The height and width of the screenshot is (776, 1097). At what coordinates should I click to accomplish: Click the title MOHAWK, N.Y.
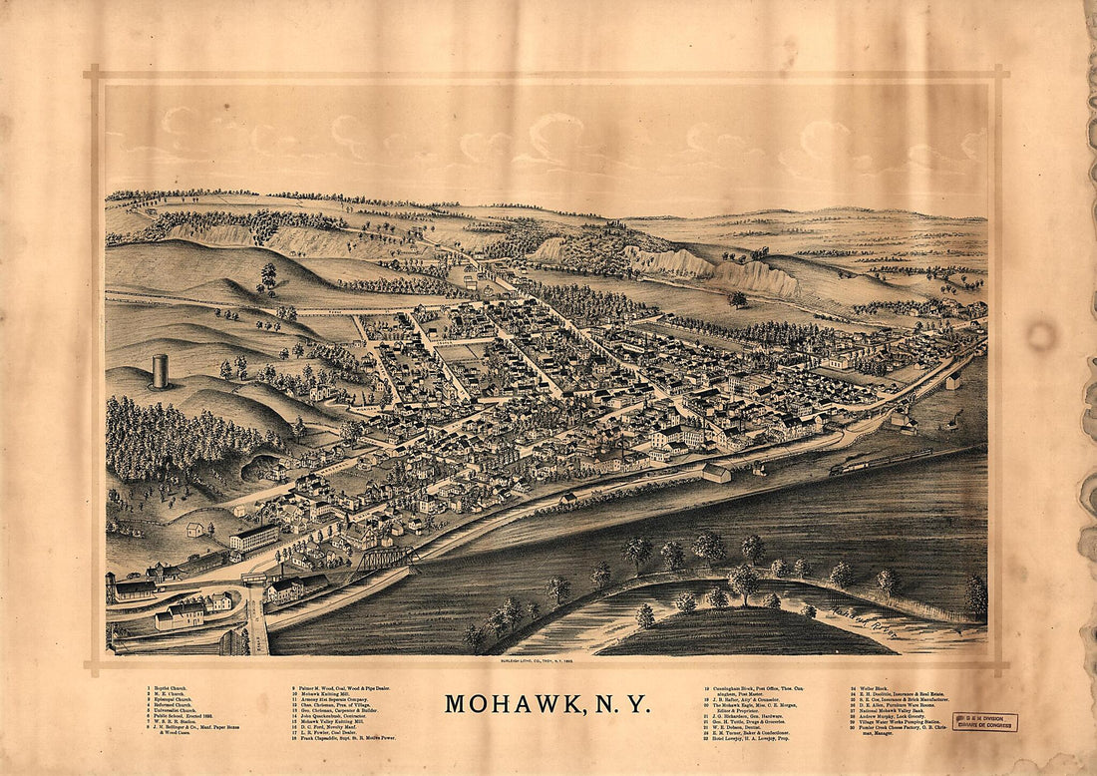point(548,703)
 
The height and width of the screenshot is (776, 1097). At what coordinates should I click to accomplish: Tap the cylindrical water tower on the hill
point(160,371)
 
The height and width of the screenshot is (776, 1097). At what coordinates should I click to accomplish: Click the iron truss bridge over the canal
point(386,559)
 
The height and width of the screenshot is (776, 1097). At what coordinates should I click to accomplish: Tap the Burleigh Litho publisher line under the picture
point(548,662)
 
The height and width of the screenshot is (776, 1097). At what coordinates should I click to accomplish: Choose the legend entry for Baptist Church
point(171,687)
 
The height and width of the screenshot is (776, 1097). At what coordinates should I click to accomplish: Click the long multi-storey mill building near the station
point(254,538)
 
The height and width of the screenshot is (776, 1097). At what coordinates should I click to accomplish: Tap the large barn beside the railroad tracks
point(716,472)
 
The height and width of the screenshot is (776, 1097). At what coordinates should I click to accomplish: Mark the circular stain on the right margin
point(1042,336)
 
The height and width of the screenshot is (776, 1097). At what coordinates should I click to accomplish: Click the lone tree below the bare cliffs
point(738,298)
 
